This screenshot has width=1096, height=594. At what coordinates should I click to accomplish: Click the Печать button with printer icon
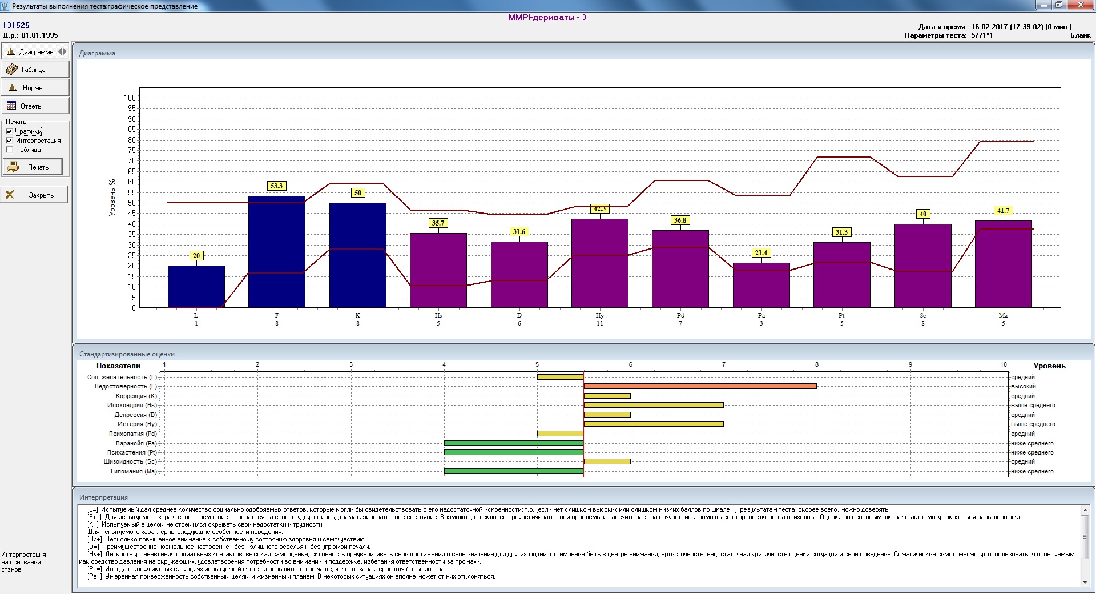pos(33,167)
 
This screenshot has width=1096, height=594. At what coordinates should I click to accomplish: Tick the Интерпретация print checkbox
pos(9,141)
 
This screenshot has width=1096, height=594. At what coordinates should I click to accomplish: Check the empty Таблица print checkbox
pos(9,150)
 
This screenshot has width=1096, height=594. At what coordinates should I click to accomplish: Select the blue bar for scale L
pos(196,287)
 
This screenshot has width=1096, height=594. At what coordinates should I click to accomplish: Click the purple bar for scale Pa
pos(761,286)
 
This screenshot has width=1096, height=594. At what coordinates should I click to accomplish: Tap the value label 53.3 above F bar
pos(277,186)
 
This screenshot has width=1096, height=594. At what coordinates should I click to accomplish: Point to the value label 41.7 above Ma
pos(1003,211)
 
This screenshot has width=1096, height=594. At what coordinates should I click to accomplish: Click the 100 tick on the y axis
pos(130,98)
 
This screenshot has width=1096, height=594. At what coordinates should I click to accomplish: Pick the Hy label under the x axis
pos(599,315)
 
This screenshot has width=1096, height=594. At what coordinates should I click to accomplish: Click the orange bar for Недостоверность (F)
pos(700,386)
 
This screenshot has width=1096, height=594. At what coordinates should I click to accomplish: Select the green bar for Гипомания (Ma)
pos(514,471)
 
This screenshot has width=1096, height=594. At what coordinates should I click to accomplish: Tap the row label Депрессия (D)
pos(136,415)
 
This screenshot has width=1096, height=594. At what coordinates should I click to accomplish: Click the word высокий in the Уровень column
pos(1023,387)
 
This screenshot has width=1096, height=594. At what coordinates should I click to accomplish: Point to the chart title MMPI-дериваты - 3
pos(547,17)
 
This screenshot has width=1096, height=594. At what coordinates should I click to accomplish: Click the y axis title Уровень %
pos(112,197)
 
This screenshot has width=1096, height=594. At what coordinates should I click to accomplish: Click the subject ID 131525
pos(16,25)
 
